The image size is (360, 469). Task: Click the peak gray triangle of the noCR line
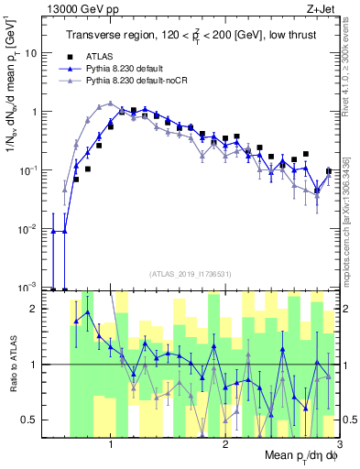(x=110, y=104)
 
